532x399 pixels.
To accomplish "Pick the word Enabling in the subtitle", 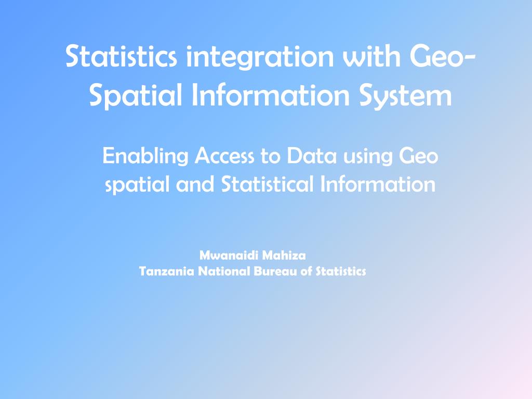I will click(x=145, y=156).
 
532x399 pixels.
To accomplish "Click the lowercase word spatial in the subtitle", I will click(x=136, y=185).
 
